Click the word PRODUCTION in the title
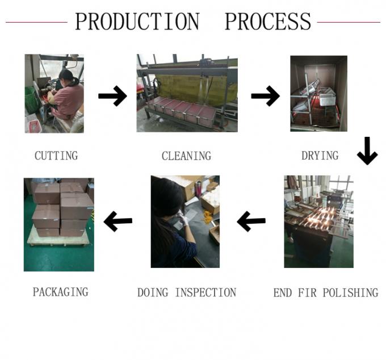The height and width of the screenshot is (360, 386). click(x=137, y=22)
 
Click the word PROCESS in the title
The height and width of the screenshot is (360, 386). click(x=267, y=22)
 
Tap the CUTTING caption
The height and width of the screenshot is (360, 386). click(x=56, y=155)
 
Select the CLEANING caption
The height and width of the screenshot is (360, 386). click(x=186, y=156)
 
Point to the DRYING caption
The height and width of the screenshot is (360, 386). click(x=320, y=155)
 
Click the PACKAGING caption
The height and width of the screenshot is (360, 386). click(x=60, y=292)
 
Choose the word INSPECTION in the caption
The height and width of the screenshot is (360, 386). click(x=205, y=292)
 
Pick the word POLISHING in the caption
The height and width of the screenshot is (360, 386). click(x=350, y=292)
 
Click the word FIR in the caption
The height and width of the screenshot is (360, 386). click(x=307, y=292)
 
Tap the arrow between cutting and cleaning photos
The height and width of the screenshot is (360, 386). click(x=112, y=96)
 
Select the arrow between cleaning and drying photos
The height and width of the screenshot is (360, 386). click(x=265, y=96)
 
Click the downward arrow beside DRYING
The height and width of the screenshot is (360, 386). click(x=367, y=150)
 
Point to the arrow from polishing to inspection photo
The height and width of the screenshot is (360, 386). click(x=251, y=221)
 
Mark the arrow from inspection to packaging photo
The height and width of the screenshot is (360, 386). click(x=118, y=221)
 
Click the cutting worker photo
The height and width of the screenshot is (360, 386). click(x=54, y=94)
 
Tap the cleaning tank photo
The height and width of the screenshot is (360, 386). click(x=187, y=93)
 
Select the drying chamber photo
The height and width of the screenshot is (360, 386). click(x=318, y=94)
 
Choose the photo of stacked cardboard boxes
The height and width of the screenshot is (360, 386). click(x=58, y=224)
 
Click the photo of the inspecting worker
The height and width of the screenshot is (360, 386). click(x=185, y=221)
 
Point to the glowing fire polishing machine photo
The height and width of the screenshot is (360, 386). click(x=318, y=221)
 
